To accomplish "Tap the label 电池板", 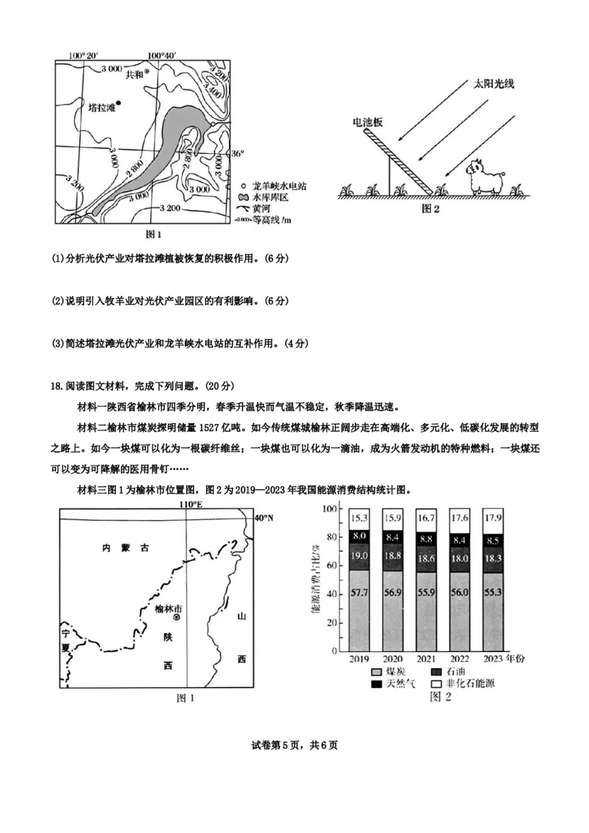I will tap(367, 123).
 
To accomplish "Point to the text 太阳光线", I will tap(493, 84).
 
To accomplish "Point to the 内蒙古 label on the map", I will tap(125, 548).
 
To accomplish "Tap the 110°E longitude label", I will tap(190, 504).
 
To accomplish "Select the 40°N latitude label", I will tap(263, 518).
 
